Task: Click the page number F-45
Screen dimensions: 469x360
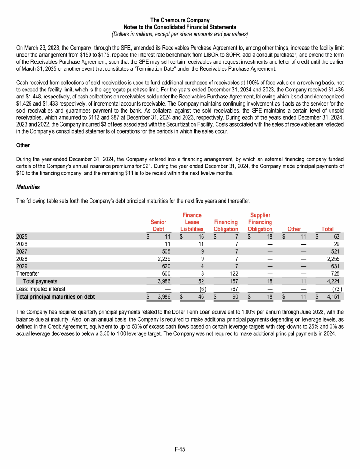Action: click(x=180, y=449)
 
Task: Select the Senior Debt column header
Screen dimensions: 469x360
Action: click(x=158, y=225)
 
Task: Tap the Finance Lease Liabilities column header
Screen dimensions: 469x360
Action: click(x=191, y=222)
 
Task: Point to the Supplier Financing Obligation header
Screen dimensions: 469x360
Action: click(x=260, y=222)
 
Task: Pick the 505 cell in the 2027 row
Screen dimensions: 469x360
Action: click(x=165, y=251)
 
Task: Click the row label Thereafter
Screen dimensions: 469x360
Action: click(x=28, y=274)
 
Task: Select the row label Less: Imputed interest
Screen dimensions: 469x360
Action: click(x=41, y=289)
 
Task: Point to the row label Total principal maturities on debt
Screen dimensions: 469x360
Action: click(x=55, y=297)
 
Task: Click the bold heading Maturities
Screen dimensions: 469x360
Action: click(x=28, y=187)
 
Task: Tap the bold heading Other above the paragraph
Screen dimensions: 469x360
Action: click(x=23, y=145)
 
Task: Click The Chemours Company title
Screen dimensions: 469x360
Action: click(x=180, y=20)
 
